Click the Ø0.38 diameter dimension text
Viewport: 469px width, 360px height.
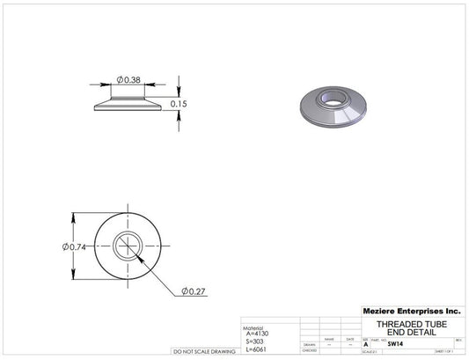(129, 80)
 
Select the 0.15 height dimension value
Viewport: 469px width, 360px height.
(180, 104)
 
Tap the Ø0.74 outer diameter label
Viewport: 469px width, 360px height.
(76, 246)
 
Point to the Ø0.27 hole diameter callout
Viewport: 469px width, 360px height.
(194, 290)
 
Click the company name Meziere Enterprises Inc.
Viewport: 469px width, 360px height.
(411, 311)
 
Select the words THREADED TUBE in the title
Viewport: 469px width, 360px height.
(411, 323)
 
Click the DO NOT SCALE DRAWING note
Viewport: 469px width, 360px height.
(204, 351)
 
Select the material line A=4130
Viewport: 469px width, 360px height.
(260, 334)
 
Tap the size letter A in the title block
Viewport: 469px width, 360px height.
(365, 345)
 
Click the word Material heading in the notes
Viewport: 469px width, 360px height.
(254, 327)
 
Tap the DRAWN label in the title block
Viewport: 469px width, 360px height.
(309, 345)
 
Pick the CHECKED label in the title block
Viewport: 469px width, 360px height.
(309, 350)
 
